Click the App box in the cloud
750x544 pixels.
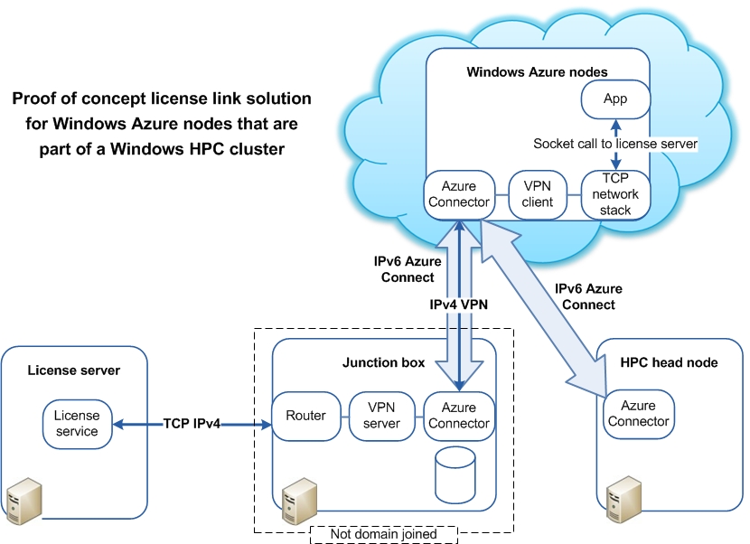(615, 98)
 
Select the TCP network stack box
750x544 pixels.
(615, 194)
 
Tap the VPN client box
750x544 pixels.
(537, 194)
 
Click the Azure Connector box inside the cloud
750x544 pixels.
(458, 194)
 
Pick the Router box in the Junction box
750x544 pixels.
(305, 416)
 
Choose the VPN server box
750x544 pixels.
(381, 416)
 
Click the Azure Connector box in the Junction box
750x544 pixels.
(458, 416)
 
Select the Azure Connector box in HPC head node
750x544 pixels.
(638, 414)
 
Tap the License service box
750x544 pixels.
(77, 423)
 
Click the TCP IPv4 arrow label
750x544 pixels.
(198, 423)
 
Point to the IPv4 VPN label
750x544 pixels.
(458, 305)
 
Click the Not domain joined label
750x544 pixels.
(383, 534)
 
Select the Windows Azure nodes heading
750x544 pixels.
(537, 71)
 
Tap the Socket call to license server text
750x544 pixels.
(614, 144)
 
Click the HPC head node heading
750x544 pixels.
(670, 362)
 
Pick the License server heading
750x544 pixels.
(74, 370)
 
